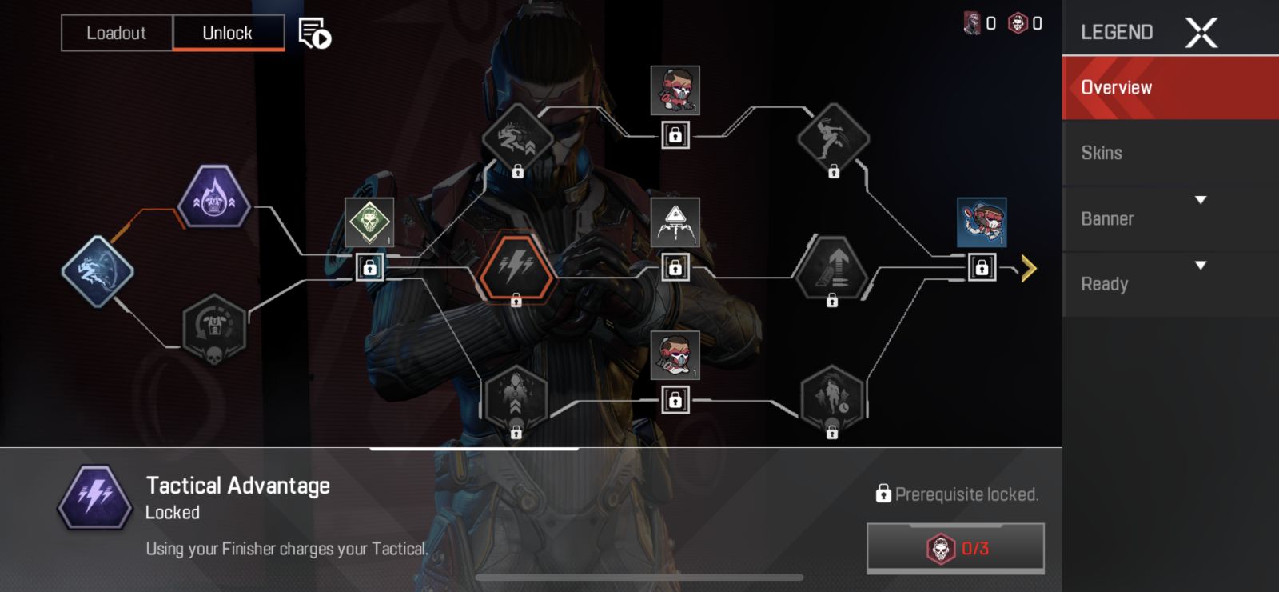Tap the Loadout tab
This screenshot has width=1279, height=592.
click(117, 33)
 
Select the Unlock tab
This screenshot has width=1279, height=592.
click(228, 33)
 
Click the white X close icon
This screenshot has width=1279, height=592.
click(1201, 33)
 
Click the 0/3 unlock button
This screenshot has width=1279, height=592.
click(955, 548)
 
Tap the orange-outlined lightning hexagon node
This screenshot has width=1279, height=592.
click(516, 267)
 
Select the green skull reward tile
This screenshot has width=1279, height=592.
click(369, 222)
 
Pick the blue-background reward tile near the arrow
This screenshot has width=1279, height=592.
click(982, 222)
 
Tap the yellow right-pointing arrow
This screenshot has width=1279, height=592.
click(1028, 268)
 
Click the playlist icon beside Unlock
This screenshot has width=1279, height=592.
click(314, 34)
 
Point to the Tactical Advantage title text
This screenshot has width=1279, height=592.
click(238, 486)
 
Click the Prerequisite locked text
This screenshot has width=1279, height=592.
click(966, 494)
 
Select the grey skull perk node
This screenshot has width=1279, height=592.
click(213, 328)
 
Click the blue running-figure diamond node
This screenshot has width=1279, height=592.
click(98, 270)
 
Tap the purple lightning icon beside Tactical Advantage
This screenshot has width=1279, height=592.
click(95, 498)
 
